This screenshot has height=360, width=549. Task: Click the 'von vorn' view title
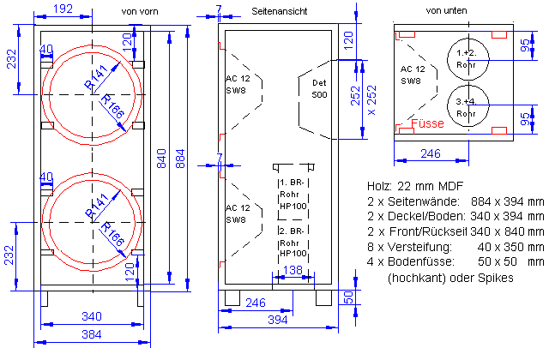pyautogui.click(x=140, y=11)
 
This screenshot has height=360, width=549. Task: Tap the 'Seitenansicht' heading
pyautogui.click(x=279, y=11)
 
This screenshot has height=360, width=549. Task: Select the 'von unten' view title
pyautogui.click(x=446, y=10)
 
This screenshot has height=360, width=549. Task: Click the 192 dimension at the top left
pyautogui.click(x=63, y=9)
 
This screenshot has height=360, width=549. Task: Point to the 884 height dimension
pyautogui.click(x=180, y=159)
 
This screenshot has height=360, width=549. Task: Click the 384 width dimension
pyautogui.click(x=92, y=334)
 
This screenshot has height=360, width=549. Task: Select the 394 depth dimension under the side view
pyautogui.click(x=278, y=320)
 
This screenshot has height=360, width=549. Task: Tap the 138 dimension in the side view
pyautogui.click(x=293, y=270)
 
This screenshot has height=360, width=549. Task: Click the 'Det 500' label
pyautogui.click(x=319, y=88)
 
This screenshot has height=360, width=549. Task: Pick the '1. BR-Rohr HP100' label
pyautogui.click(x=293, y=195)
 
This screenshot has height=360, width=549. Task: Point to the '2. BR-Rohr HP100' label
pyautogui.click(x=293, y=242)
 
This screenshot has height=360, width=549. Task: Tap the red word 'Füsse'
pyautogui.click(x=427, y=123)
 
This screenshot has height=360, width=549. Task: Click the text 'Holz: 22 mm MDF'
pyautogui.click(x=415, y=186)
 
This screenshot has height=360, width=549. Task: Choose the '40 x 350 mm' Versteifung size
pyautogui.click(x=511, y=247)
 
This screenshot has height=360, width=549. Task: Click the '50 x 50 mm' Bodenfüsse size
pyautogui.click(x=511, y=261)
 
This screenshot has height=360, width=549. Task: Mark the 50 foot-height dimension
pyautogui.click(x=348, y=297)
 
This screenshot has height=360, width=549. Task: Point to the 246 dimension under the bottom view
pyautogui.click(x=431, y=153)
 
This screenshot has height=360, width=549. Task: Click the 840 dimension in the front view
pyautogui.click(x=161, y=159)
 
